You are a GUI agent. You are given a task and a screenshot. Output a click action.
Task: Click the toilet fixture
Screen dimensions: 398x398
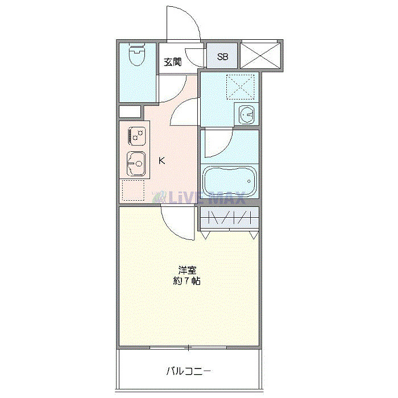click(136, 56)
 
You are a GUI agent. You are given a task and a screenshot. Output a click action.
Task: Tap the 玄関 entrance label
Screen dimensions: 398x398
click(173, 63)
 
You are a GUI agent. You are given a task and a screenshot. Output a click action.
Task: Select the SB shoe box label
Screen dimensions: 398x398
click(222, 57)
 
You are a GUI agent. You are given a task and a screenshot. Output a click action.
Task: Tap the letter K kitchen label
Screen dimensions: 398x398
click(162, 161)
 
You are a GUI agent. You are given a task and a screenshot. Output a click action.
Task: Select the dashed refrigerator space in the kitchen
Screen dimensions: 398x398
click(132, 192)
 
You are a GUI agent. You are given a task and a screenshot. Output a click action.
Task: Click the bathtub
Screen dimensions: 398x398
click(230, 181)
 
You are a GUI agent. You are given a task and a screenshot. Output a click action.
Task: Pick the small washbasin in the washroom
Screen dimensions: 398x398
click(247, 114)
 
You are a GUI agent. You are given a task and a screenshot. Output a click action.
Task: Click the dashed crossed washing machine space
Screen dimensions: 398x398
click(239, 86)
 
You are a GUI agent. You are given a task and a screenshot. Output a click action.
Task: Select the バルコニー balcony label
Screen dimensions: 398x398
click(189, 372)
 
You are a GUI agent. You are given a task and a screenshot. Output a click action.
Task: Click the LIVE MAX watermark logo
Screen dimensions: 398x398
click(199, 198)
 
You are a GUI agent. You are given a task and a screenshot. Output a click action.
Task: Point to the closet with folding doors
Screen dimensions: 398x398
click(229, 218)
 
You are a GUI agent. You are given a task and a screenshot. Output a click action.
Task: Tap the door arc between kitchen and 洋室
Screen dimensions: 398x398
click(176, 223)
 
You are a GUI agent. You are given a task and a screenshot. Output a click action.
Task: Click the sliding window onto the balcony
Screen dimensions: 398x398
click(188, 347)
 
